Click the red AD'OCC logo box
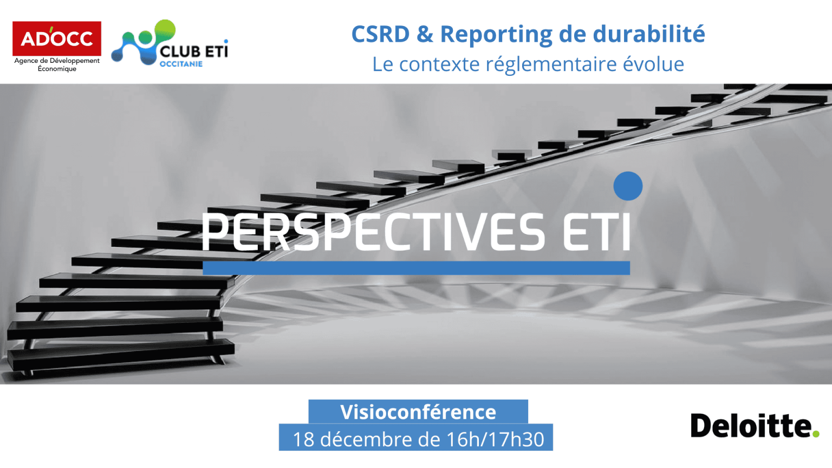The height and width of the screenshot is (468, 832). [57, 38]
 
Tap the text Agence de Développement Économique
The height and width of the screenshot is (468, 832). [57, 64]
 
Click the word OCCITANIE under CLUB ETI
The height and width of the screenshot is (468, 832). [181, 64]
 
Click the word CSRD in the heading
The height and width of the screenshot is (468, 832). [380, 34]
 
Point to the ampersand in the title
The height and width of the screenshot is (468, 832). [425, 34]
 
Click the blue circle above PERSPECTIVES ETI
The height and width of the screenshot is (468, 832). [628, 186]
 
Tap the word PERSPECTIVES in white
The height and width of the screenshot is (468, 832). [373, 232]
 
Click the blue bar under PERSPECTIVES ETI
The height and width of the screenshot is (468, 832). [417, 268]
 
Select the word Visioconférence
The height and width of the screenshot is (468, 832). [418, 412]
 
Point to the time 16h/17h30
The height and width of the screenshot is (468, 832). [495, 439]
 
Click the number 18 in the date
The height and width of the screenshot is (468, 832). [303, 439]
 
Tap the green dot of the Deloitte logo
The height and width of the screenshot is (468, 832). [816, 433]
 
